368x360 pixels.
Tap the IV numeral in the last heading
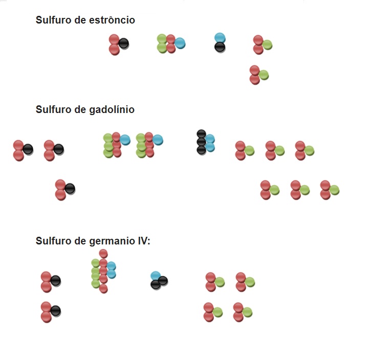point(143,241)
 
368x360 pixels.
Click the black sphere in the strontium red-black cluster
point(123,43)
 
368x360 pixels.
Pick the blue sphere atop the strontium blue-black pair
point(220,38)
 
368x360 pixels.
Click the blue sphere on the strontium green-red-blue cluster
point(180,43)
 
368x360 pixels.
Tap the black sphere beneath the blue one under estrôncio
point(220,48)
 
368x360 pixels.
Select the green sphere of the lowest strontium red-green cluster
point(264,75)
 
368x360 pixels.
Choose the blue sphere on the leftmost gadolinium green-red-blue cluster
point(125,140)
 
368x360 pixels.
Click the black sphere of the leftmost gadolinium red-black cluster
point(28,149)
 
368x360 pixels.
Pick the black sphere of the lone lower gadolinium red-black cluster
point(70,189)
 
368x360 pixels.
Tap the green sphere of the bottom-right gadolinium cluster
point(334,190)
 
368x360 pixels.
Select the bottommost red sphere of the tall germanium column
point(103,288)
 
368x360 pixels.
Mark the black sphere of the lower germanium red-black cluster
point(56,310)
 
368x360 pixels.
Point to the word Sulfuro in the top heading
point(52,20)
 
